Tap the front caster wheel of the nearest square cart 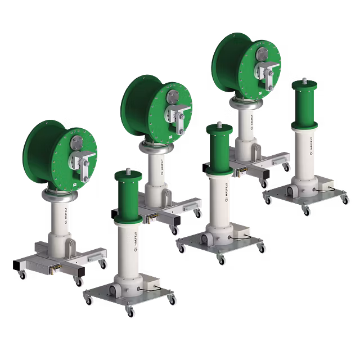coord(129,314)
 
